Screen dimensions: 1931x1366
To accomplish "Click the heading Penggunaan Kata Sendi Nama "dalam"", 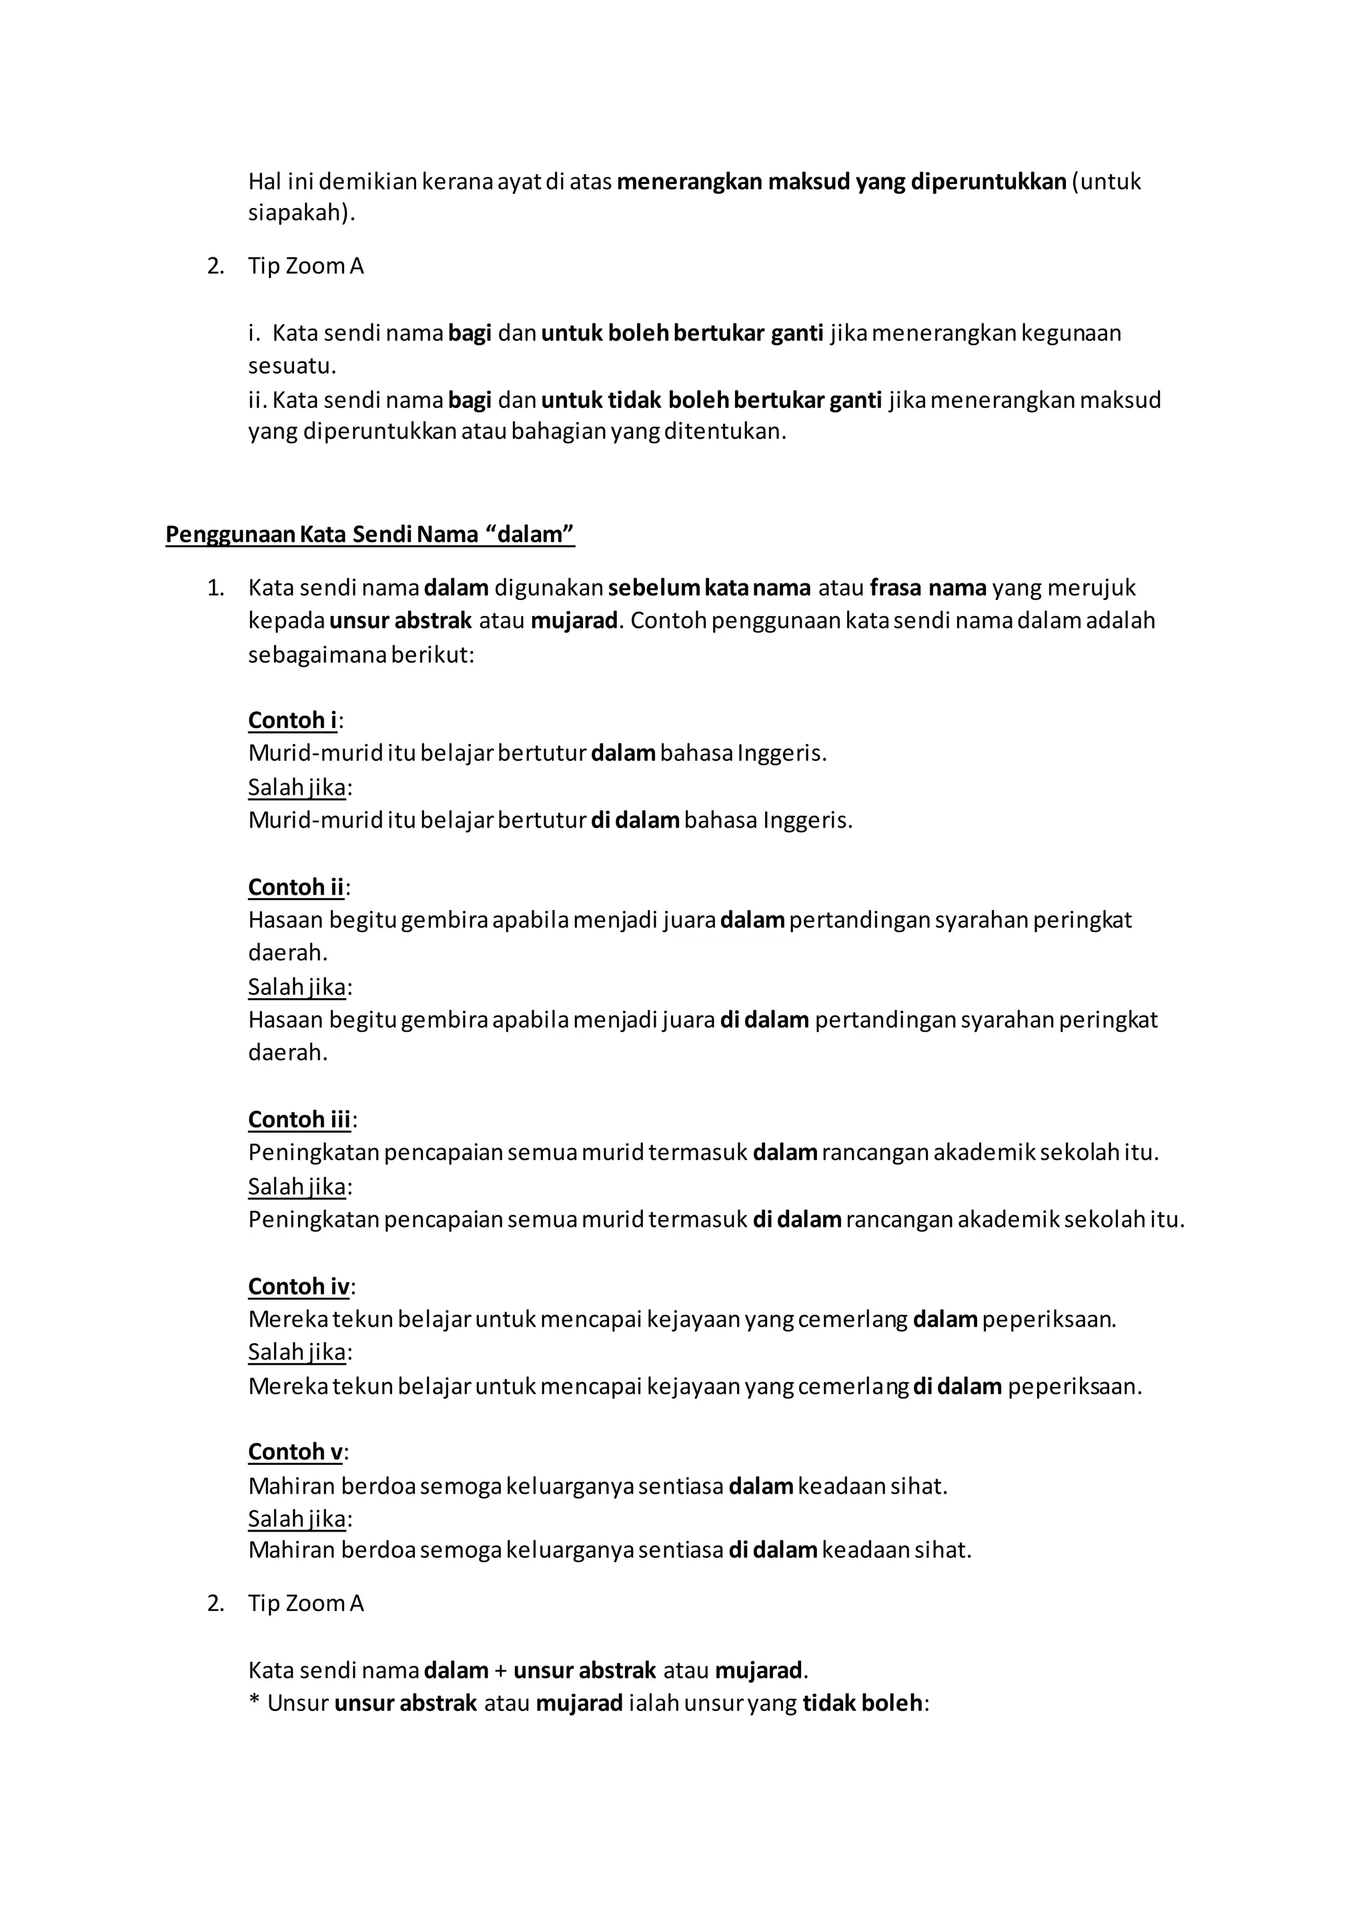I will (x=370, y=535).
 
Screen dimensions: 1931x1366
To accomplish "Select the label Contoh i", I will (x=293, y=720).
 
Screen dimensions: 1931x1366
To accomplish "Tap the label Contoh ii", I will (x=296, y=887).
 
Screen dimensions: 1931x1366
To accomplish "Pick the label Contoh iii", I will (x=299, y=1120).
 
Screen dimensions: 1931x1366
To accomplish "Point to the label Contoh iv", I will (x=299, y=1287).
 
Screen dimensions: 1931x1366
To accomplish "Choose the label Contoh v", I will (x=295, y=1452).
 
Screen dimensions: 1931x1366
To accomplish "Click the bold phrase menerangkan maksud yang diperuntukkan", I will (x=841, y=181).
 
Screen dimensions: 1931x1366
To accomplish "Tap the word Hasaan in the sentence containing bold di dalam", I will (x=286, y=1020).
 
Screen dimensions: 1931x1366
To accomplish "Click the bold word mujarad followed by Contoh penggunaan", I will (x=574, y=621).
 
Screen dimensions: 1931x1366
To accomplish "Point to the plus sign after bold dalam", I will (x=502, y=1670).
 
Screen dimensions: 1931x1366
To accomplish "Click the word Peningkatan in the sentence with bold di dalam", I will (x=313, y=1220).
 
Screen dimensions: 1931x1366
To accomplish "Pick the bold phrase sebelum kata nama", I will (x=709, y=588).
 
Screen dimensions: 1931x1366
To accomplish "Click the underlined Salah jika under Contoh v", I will (x=297, y=1519).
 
